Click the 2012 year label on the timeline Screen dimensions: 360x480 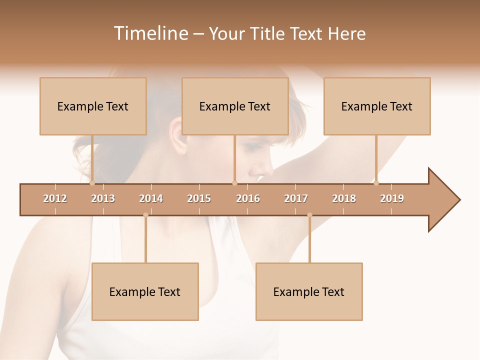coord(55,198)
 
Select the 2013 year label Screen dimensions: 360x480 coord(103,198)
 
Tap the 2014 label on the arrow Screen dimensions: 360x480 coord(151,198)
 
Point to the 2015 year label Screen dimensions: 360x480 coord(199,198)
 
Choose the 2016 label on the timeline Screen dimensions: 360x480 coord(248,198)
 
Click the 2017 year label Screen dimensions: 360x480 coord(296,198)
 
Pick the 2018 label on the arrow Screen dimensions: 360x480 coord(344,198)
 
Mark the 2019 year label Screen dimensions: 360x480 coord(392,198)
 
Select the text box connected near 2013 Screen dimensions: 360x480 coord(93,106)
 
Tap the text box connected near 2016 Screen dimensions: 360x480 coord(235,106)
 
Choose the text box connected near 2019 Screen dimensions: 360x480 coord(377,106)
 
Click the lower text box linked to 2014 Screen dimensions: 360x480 coord(145,291)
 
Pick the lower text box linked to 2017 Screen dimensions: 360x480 coord(309,291)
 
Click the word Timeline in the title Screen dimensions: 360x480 coord(150,33)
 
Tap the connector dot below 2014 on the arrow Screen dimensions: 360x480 coord(145,215)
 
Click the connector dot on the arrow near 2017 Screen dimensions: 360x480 coord(309,215)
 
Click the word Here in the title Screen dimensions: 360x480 coord(346,33)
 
